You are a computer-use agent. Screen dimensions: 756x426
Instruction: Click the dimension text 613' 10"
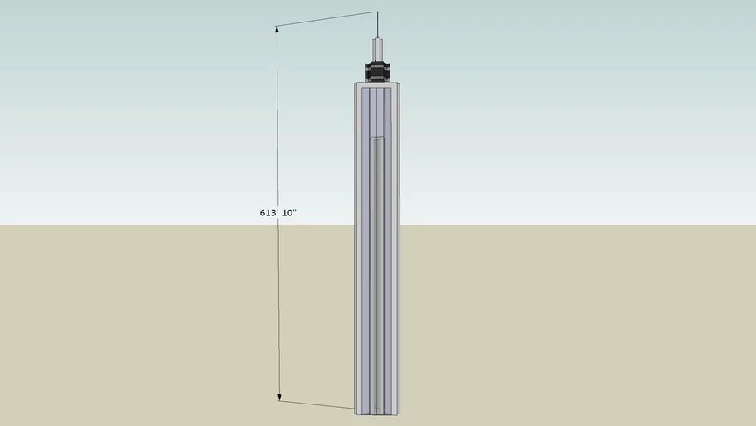[277, 212]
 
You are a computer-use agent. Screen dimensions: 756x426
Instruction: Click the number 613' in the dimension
[268, 212]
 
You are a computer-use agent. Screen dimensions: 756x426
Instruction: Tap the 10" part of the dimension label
[289, 212]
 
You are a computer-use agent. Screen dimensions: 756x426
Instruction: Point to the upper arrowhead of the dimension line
[277, 29]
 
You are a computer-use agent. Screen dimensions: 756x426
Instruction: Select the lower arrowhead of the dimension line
[279, 398]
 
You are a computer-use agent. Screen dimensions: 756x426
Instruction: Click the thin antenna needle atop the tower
[378, 25]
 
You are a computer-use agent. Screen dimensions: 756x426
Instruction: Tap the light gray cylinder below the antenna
[378, 50]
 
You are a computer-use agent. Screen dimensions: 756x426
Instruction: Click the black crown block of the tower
[377, 72]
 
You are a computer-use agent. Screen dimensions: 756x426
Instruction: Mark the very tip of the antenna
[377, 12]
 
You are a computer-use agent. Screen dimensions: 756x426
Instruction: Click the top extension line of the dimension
[326, 19]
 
